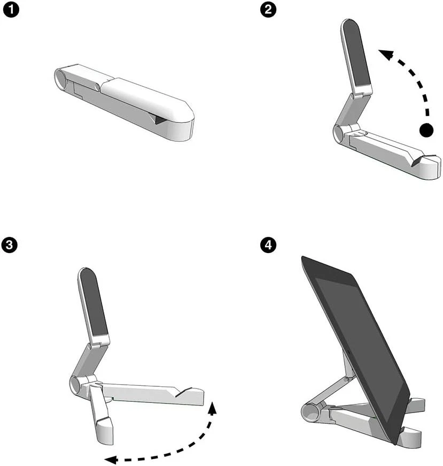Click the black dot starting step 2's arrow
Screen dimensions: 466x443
(426, 129)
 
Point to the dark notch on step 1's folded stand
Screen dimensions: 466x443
(158, 119)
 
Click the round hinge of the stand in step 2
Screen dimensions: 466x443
(338, 133)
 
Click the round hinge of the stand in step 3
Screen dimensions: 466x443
(75, 385)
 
